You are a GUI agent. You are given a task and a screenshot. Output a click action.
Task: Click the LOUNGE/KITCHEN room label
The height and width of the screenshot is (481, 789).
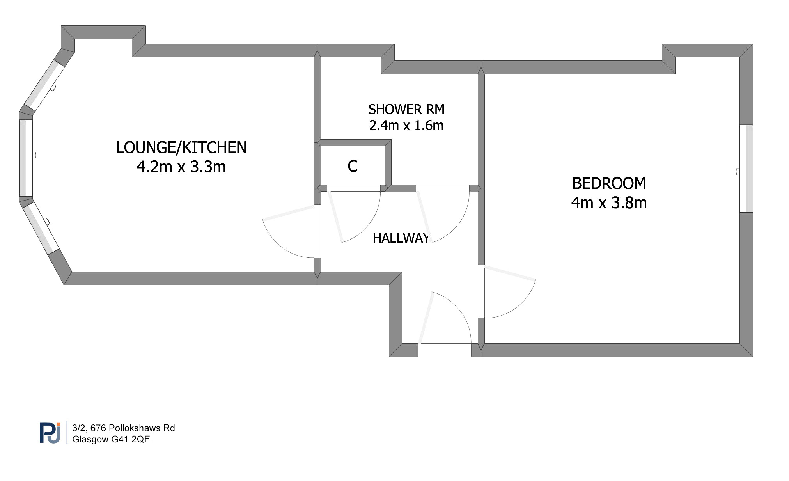181,147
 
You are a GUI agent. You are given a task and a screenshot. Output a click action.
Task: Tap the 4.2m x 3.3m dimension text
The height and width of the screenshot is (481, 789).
181,167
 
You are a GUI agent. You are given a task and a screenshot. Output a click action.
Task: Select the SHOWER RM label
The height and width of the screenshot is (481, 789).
406,109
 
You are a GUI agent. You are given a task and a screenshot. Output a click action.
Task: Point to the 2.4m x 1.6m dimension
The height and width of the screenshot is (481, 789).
406,126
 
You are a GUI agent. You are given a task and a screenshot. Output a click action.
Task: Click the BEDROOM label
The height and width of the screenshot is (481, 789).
609,183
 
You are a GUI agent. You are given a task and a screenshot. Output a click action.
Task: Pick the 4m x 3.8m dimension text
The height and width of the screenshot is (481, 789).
609,203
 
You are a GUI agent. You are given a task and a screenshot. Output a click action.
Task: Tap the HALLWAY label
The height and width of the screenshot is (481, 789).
401,238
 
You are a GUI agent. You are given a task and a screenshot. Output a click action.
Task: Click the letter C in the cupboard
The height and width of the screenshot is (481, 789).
353,166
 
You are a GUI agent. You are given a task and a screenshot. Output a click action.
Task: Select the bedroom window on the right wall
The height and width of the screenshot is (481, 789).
746,169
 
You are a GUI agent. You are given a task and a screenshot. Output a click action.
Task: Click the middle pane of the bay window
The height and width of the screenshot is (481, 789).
26,158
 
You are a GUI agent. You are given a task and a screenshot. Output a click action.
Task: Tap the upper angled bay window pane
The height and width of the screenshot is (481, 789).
44,86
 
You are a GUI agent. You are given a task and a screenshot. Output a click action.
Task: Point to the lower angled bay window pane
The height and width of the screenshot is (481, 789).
41,228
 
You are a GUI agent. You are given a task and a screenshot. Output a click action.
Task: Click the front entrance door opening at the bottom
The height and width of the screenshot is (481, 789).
445,350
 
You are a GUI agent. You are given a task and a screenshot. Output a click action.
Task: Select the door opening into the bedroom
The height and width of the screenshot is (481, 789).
481,292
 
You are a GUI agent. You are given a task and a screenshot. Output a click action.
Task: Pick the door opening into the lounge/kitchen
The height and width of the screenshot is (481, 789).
317,231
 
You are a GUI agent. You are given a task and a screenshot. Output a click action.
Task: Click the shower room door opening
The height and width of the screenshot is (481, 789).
443,188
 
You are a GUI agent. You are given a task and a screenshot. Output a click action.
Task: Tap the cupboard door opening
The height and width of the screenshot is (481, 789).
354,188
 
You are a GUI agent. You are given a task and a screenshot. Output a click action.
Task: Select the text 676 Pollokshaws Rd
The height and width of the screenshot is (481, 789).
133,428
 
